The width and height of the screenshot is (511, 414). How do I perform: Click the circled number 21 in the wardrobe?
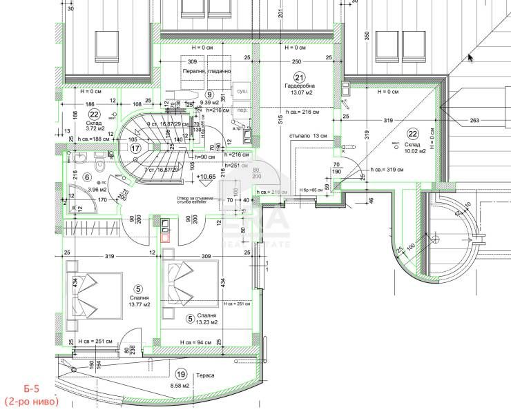[x=299, y=77]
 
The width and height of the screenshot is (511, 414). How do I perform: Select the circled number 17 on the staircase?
[x=136, y=147]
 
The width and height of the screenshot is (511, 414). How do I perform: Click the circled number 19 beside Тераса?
[x=182, y=375]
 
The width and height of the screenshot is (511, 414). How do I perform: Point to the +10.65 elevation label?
[x=206, y=177]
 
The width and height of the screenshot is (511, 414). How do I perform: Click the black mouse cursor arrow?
[x=470, y=57]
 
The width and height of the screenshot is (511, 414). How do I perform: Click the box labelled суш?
[x=243, y=91]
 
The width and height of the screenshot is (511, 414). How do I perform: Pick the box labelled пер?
[x=243, y=110]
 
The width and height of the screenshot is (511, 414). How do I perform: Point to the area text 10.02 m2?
[x=412, y=151]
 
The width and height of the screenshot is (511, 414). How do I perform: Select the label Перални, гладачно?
[x=206, y=70]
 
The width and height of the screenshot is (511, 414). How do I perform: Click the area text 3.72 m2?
[x=95, y=128]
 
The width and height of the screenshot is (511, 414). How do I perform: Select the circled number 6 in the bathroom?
[x=88, y=177]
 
